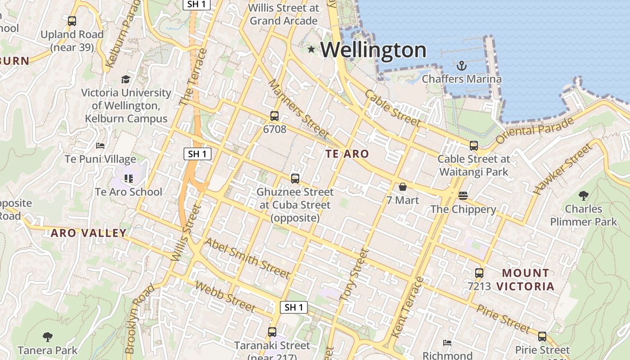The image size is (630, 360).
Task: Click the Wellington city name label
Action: (x=373, y=49)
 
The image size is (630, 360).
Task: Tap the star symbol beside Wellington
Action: (x=311, y=49)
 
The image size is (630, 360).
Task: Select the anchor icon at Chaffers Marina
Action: (x=461, y=66)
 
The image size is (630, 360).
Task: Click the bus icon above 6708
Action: (x=274, y=116)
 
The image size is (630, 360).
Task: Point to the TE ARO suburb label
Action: (x=347, y=154)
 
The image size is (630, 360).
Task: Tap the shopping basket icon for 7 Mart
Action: (x=402, y=187)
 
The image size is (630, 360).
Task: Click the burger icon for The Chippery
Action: (x=463, y=196)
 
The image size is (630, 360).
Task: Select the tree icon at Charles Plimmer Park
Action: (x=583, y=196)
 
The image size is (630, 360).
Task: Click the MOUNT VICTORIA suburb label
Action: (x=526, y=279)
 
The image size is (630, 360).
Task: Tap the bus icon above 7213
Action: (x=479, y=273)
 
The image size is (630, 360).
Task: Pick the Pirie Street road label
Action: (x=504, y=319)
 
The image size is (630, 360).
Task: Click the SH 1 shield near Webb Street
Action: (x=294, y=307)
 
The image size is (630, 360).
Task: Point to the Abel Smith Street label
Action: (x=247, y=258)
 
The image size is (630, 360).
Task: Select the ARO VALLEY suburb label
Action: (x=89, y=233)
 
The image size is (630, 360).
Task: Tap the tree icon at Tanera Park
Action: (x=48, y=337)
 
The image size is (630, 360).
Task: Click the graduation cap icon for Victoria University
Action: (x=126, y=80)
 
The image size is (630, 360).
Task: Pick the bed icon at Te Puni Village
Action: (x=100, y=146)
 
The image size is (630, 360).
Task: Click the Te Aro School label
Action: (x=128, y=192)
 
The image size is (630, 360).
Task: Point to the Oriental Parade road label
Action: (x=535, y=130)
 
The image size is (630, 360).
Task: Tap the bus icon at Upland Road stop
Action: (x=72, y=21)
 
